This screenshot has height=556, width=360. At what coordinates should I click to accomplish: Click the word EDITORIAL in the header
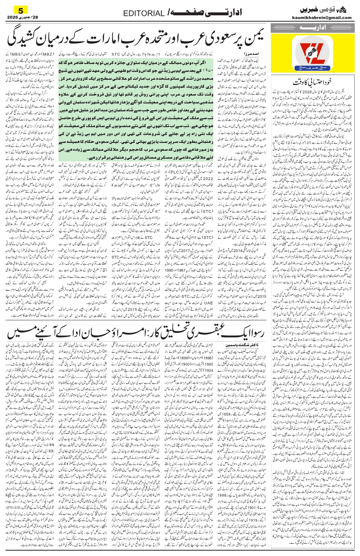[144, 13]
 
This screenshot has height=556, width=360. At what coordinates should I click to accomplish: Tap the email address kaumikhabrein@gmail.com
[321, 17]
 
